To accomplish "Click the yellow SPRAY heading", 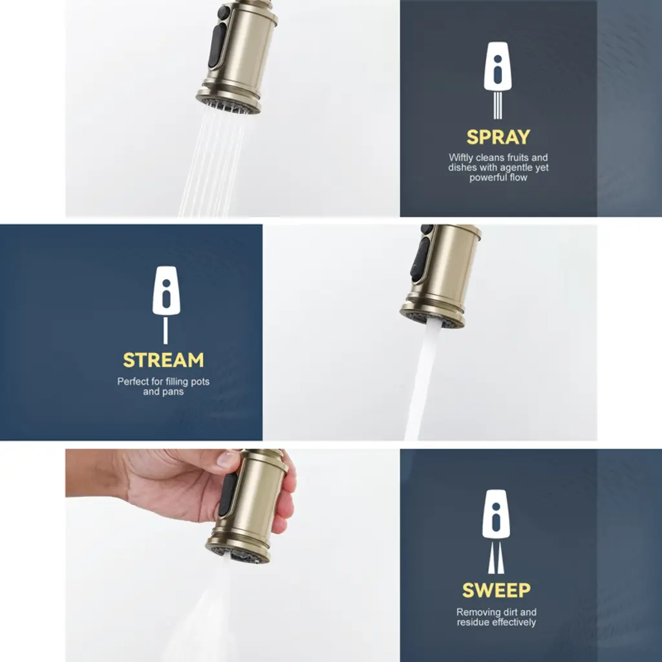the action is (x=498, y=137).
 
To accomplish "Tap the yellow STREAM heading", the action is (x=164, y=360).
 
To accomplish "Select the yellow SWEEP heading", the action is (x=496, y=590).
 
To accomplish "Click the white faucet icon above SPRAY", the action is (x=498, y=80).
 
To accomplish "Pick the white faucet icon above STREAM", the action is (x=166, y=305).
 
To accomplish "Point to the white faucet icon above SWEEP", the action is (x=496, y=531).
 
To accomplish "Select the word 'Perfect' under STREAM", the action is (x=133, y=381).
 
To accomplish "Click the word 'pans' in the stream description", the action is (x=173, y=392).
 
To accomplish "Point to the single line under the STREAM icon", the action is (x=165, y=330).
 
